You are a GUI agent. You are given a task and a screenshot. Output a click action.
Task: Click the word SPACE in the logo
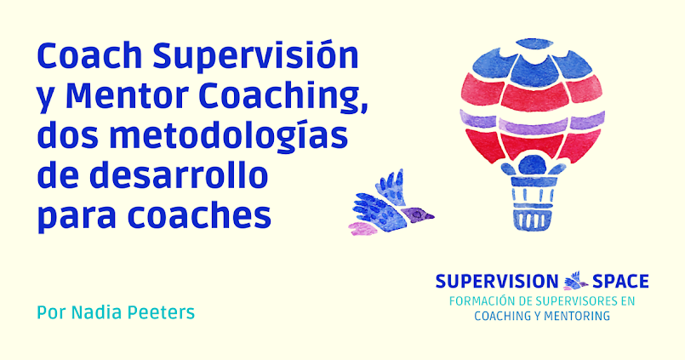tap(620, 281)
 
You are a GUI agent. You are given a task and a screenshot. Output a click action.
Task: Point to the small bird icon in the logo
tap(576, 279)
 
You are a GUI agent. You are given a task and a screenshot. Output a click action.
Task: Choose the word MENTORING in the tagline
tap(575, 316)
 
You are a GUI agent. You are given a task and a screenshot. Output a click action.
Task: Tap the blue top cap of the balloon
tap(532, 44)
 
